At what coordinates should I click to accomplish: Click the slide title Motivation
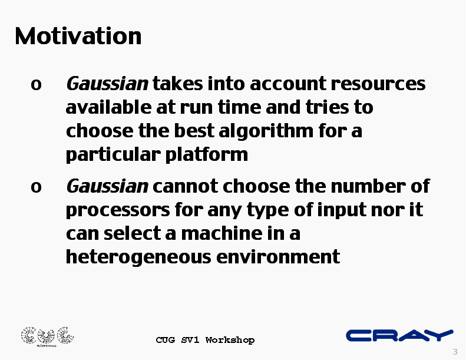click(78, 36)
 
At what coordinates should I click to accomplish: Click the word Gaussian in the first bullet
click(107, 84)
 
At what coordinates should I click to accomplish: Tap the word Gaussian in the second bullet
click(107, 186)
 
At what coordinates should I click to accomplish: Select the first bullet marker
click(36, 85)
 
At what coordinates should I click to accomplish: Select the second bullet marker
click(36, 187)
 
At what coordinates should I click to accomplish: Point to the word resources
click(378, 84)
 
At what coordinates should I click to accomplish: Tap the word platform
click(207, 154)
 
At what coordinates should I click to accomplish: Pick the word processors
click(118, 210)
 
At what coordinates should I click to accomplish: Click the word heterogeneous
click(138, 257)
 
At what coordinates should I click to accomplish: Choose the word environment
click(278, 256)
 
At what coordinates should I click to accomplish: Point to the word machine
click(222, 233)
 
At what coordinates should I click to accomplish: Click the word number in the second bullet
click(368, 186)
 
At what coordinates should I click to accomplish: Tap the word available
click(108, 107)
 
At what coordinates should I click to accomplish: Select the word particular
click(113, 154)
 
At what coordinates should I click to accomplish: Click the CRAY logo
click(400, 335)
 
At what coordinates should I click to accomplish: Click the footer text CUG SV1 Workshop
click(205, 340)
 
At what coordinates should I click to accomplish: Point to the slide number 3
click(455, 352)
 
